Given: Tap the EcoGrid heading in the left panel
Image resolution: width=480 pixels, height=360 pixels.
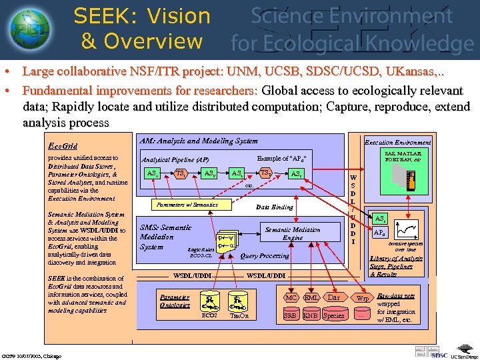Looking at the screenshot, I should pos(63,145).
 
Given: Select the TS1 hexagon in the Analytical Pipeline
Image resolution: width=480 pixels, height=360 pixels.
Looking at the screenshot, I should pos(181,173).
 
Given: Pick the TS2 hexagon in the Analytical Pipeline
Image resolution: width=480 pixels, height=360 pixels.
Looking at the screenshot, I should pos(265,173).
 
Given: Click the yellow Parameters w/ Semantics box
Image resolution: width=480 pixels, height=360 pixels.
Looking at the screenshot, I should pos(187,205).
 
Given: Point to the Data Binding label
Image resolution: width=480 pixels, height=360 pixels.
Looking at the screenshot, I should pos(275,207).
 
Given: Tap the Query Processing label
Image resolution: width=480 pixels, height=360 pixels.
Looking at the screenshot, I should pos(265,255).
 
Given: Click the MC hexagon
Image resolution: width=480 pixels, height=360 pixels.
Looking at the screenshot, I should pos(291,298).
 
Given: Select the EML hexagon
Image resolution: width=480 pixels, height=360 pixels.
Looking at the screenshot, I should pos(311,298).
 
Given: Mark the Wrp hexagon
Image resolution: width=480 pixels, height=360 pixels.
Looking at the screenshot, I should pos(362,298).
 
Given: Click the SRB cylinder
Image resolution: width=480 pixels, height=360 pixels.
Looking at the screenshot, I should pos(291,315).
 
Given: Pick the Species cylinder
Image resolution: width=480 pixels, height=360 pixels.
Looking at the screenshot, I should pos(333,315).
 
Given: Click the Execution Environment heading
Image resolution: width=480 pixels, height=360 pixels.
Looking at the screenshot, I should pos(397,141).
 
